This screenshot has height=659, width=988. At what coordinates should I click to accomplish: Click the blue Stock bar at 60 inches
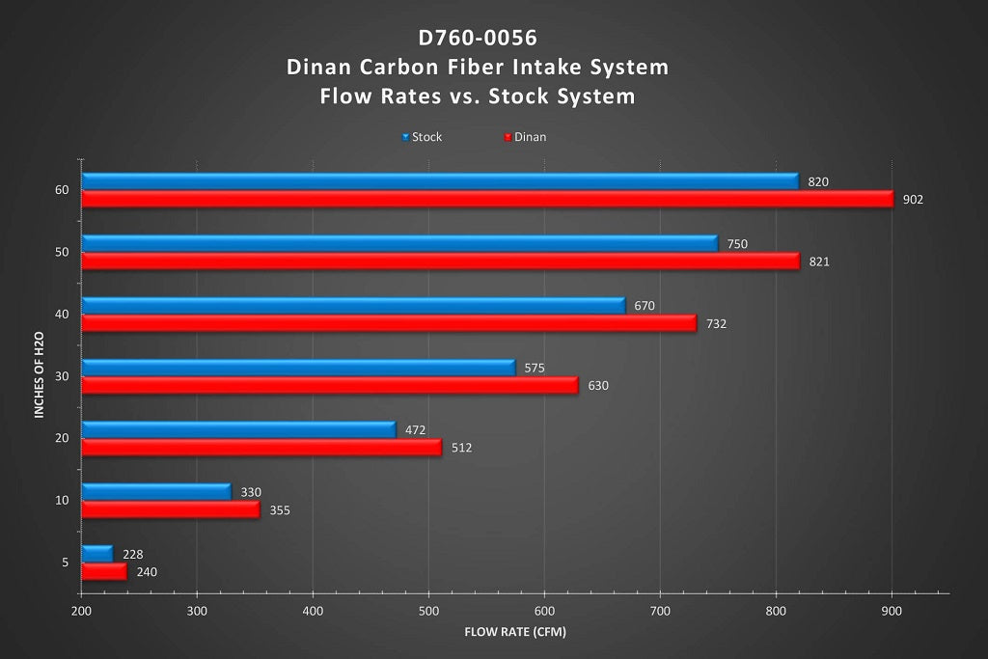(x=439, y=181)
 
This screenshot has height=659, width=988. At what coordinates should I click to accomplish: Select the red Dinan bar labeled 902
(x=487, y=200)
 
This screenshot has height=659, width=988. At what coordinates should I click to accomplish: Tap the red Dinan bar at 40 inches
(x=388, y=324)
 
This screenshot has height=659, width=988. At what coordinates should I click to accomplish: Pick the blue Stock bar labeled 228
(x=96, y=554)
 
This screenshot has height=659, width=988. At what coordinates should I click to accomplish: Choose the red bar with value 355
(x=170, y=509)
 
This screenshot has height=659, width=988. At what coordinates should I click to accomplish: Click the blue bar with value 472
(x=238, y=430)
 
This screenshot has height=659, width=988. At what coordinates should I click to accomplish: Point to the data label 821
(x=820, y=261)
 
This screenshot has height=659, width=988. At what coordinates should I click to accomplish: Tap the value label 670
(x=645, y=306)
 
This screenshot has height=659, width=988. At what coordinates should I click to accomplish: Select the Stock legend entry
(x=425, y=137)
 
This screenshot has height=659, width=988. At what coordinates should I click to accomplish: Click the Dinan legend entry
(x=529, y=137)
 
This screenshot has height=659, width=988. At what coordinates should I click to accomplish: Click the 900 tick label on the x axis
(x=892, y=612)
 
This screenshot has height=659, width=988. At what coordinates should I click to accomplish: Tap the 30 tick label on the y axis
(x=62, y=376)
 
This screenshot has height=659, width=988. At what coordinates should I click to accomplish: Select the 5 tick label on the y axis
(x=65, y=563)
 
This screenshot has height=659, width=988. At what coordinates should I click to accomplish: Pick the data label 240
(x=146, y=572)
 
